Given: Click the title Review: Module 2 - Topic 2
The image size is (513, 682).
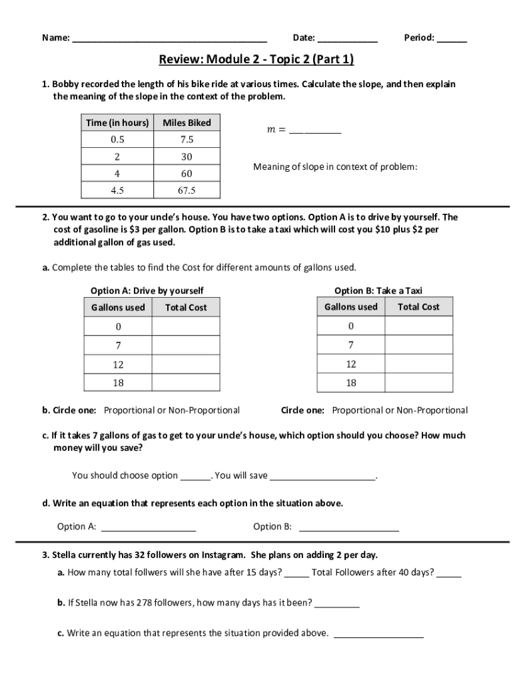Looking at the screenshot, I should click(x=256, y=60).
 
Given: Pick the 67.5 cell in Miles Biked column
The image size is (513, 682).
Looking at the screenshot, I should click(x=187, y=190).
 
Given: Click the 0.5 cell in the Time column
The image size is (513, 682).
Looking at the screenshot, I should click(x=117, y=140).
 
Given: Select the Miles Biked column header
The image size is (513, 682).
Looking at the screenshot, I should click(x=187, y=123).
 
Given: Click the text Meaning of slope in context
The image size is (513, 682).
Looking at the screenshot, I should click(x=335, y=167).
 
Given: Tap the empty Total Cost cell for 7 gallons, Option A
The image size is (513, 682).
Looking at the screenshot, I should click(x=186, y=346).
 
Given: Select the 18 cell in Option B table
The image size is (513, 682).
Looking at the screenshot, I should click(x=351, y=383).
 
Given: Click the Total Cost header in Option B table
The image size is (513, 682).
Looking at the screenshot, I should click(x=418, y=307).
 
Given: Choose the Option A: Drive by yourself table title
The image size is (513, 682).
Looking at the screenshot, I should click(x=147, y=290).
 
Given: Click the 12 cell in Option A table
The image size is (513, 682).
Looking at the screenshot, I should click(x=118, y=364).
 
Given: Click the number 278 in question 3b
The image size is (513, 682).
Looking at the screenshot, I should click(x=145, y=603).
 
